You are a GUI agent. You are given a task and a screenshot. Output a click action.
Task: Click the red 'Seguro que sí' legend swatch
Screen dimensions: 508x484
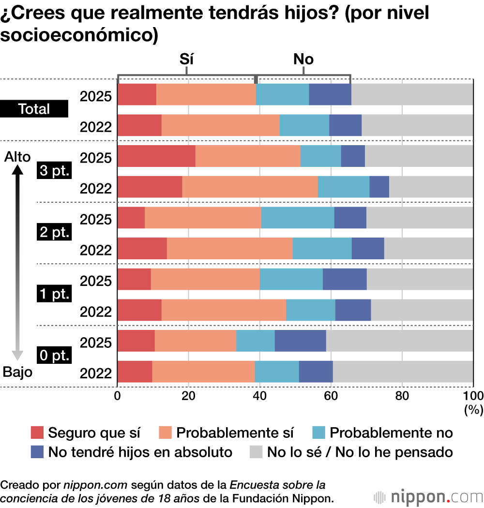point(37,432)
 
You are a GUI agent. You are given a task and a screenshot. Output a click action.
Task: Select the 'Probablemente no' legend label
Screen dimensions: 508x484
point(391,432)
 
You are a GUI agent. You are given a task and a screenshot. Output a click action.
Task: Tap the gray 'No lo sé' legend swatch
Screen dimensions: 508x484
point(256,452)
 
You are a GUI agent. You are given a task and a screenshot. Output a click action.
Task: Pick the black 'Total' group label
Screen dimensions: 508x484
point(34,109)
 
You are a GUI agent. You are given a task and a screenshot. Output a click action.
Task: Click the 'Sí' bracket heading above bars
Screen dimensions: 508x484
point(186,59)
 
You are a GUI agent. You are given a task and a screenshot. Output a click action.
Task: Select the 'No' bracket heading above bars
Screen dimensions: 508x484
point(303,59)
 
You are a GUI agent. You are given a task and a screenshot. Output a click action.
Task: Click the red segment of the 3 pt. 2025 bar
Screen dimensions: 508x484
point(156,156)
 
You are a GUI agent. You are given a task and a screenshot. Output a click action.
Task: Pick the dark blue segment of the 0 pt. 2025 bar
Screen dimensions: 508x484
point(300,341)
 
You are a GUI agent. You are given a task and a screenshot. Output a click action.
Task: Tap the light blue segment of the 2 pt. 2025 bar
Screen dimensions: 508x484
point(298,217)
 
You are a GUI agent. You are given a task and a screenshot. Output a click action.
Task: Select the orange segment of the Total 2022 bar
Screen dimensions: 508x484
point(220,125)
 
